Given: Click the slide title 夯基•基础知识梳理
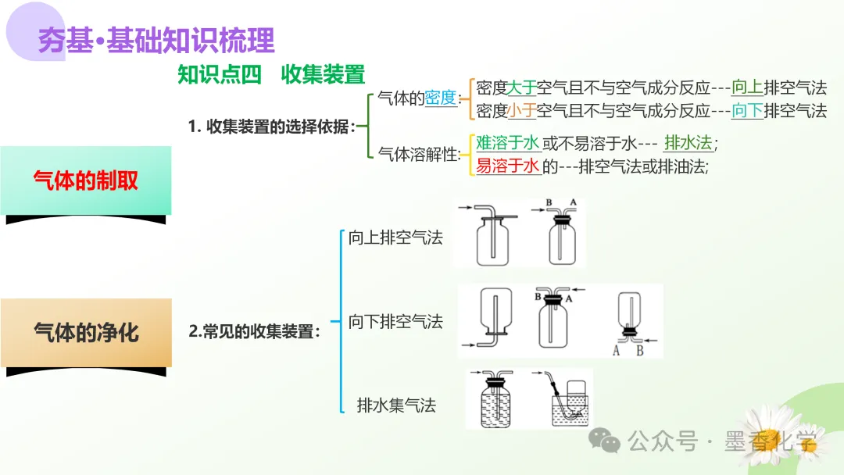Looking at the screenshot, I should point(156,40).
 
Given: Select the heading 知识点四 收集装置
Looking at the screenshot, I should point(271,74).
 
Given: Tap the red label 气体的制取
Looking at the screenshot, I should point(86,180).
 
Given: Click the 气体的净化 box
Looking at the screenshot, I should point(86,332).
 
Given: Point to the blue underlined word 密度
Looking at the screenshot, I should point(441,98).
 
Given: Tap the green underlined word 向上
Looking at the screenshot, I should point(746,87).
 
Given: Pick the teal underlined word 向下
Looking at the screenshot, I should point(746,110).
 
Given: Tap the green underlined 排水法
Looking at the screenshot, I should point(688,143).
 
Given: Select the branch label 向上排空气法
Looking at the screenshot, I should point(395,237).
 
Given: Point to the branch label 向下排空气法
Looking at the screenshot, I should point(395,321).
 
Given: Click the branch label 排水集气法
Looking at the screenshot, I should point(395,405).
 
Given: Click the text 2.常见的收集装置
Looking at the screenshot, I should point(255,331).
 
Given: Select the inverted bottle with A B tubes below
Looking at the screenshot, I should point(631,322).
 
